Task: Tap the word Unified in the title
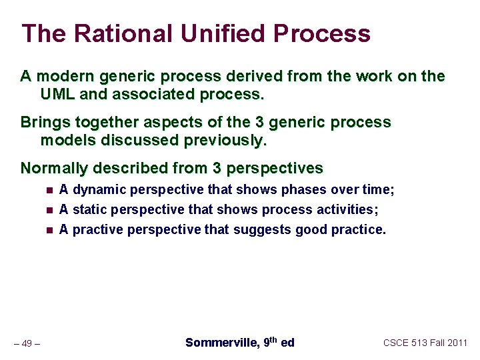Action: [x=221, y=33]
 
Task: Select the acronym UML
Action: [x=57, y=94]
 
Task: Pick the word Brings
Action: [x=42, y=123]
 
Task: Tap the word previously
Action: [x=225, y=141]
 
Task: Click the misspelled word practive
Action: [x=95, y=230]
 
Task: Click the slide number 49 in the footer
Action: [x=27, y=343]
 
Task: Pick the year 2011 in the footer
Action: [x=456, y=343]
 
